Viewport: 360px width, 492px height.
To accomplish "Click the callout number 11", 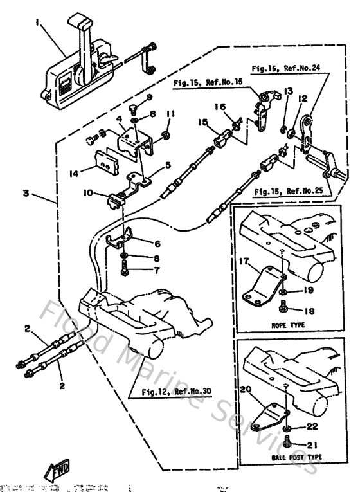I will pyautogui.click(x=170, y=115).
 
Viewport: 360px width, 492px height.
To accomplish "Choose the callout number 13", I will pyautogui.click(x=287, y=91).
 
